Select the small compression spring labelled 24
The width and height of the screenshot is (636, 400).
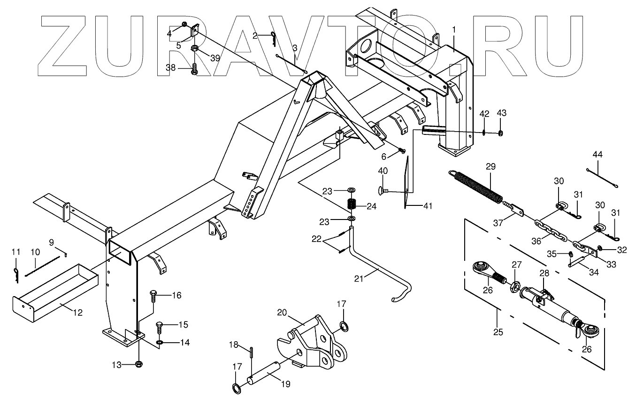click(352, 204)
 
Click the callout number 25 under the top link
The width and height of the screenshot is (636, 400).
click(498, 332)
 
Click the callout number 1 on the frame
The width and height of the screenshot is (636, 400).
click(454, 30)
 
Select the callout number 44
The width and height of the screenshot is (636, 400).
click(598, 154)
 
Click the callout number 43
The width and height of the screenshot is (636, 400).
click(501, 114)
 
